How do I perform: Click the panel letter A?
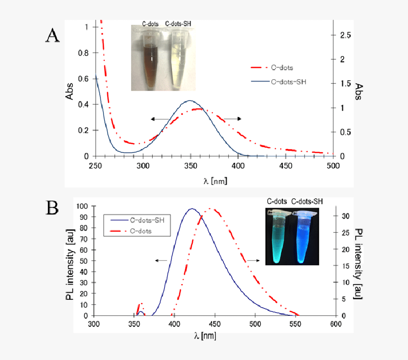click(x=52, y=36)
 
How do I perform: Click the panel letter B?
click(x=53, y=208)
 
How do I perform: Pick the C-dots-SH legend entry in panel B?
click(x=147, y=221)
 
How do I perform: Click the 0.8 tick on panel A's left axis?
click(x=83, y=53)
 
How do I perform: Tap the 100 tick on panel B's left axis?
click(x=82, y=206)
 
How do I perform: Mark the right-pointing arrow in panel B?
click(x=252, y=260)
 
